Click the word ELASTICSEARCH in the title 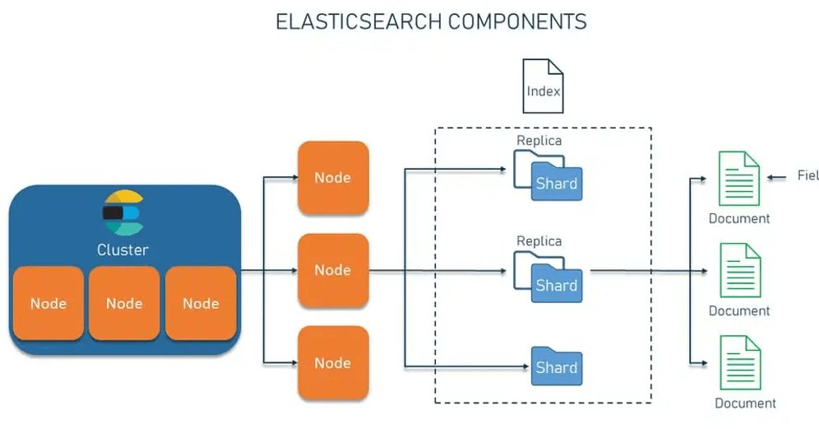click(359, 22)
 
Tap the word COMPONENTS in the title click(517, 22)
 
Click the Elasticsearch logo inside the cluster click(123, 212)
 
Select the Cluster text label click(123, 249)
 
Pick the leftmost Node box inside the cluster click(48, 303)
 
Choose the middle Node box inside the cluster click(124, 303)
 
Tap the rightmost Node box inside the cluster click(201, 303)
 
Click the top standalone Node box click(333, 177)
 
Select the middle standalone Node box click(333, 270)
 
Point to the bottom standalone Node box click(333, 362)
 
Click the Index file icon click(544, 86)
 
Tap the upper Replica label click(539, 140)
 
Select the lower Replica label click(539, 240)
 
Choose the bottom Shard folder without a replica click(557, 366)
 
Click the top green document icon click(739, 179)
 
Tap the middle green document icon click(740, 270)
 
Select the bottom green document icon click(740, 362)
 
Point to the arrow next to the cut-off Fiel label click(777, 178)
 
